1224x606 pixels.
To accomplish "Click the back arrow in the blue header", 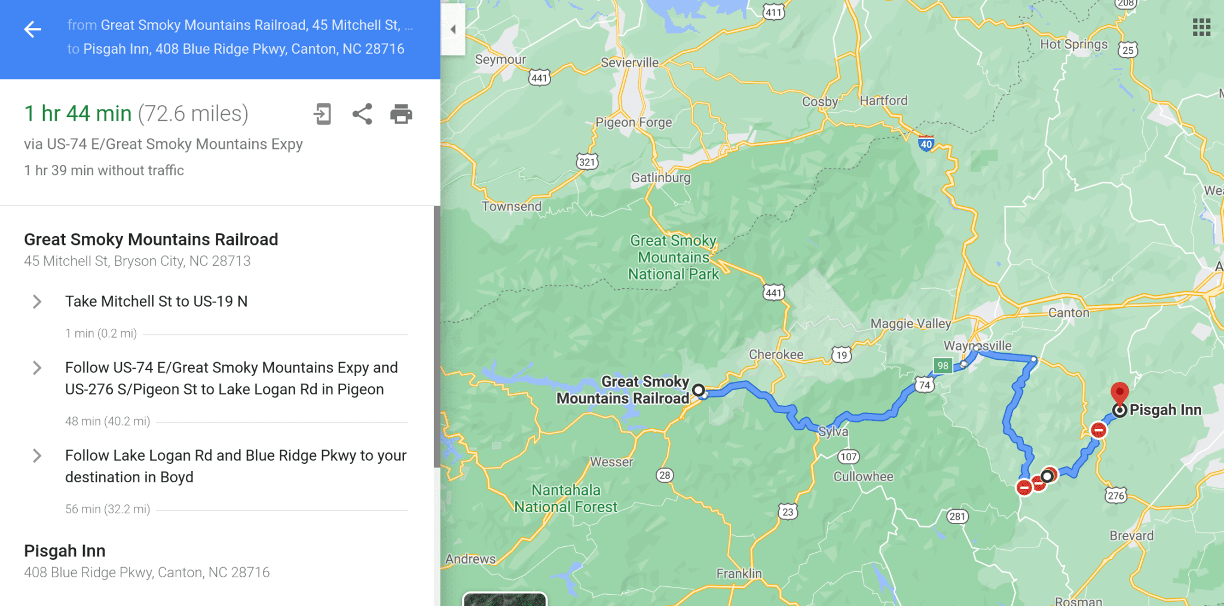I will click(x=33, y=29).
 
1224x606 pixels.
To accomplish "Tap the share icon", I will click(x=362, y=114).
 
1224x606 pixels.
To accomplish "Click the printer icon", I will click(x=401, y=114).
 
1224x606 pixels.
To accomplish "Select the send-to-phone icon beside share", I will click(x=322, y=114).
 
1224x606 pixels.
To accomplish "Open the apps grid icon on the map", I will click(x=1201, y=27).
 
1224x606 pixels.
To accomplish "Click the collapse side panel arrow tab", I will click(x=453, y=29).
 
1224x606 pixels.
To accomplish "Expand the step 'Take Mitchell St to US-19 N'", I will click(x=37, y=301).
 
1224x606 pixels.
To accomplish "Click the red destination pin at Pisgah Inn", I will click(x=1119, y=393).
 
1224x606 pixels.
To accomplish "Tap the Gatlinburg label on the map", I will click(x=660, y=177).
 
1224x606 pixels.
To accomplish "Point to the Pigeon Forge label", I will click(x=634, y=123).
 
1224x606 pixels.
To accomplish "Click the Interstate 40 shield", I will click(x=926, y=143).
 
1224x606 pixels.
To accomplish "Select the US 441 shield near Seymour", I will click(x=539, y=78).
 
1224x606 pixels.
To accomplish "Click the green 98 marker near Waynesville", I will click(x=943, y=365).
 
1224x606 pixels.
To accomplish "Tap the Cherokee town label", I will click(x=776, y=354).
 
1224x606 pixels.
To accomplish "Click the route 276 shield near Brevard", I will click(x=1115, y=495).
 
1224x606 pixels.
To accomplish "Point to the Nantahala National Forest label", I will click(x=566, y=498).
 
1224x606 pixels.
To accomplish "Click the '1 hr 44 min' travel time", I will click(x=78, y=114).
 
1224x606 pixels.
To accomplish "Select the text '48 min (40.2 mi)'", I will click(x=108, y=421).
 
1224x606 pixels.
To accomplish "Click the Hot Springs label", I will click(x=1073, y=44).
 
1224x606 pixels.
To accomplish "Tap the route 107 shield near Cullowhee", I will click(x=848, y=457).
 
